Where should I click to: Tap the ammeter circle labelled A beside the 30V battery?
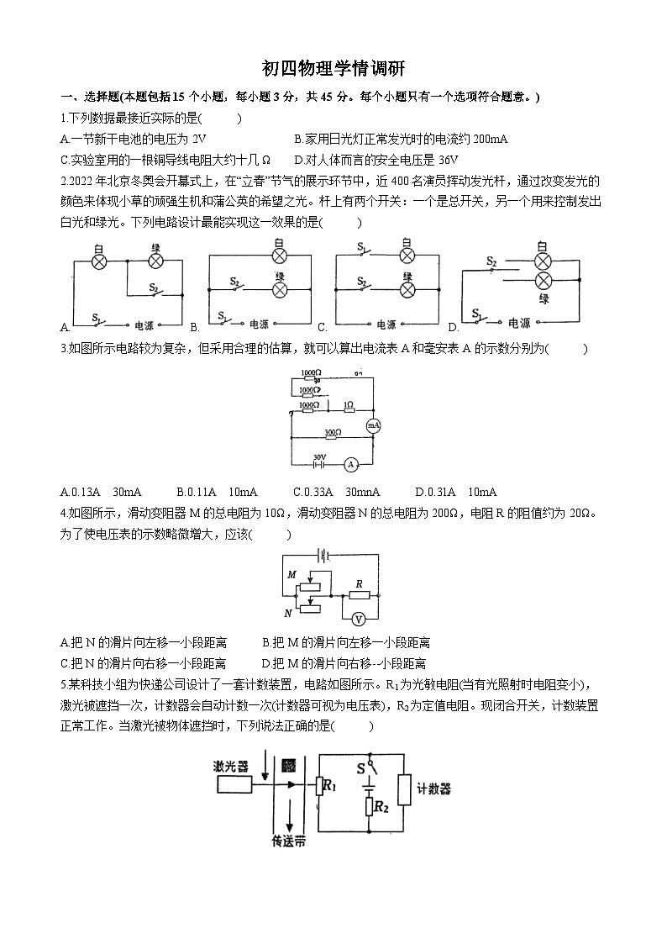(353, 463)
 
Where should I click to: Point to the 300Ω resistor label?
(333, 433)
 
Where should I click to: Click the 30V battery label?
(319, 458)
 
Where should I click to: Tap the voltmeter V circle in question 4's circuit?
(358, 619)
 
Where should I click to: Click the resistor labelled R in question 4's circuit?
(359, 594)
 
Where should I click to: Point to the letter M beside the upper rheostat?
(292, 574)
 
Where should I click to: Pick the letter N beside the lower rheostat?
(288, 613)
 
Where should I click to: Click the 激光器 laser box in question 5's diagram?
(234, 784)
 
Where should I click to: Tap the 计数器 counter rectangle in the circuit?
(405, 789)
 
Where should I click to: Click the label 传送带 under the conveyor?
(288, 839)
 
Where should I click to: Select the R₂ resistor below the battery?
(370, 807)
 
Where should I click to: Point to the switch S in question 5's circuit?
(367, 768)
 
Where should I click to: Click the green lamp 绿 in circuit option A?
(155, 261)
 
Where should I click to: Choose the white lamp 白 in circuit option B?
(280, 256)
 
